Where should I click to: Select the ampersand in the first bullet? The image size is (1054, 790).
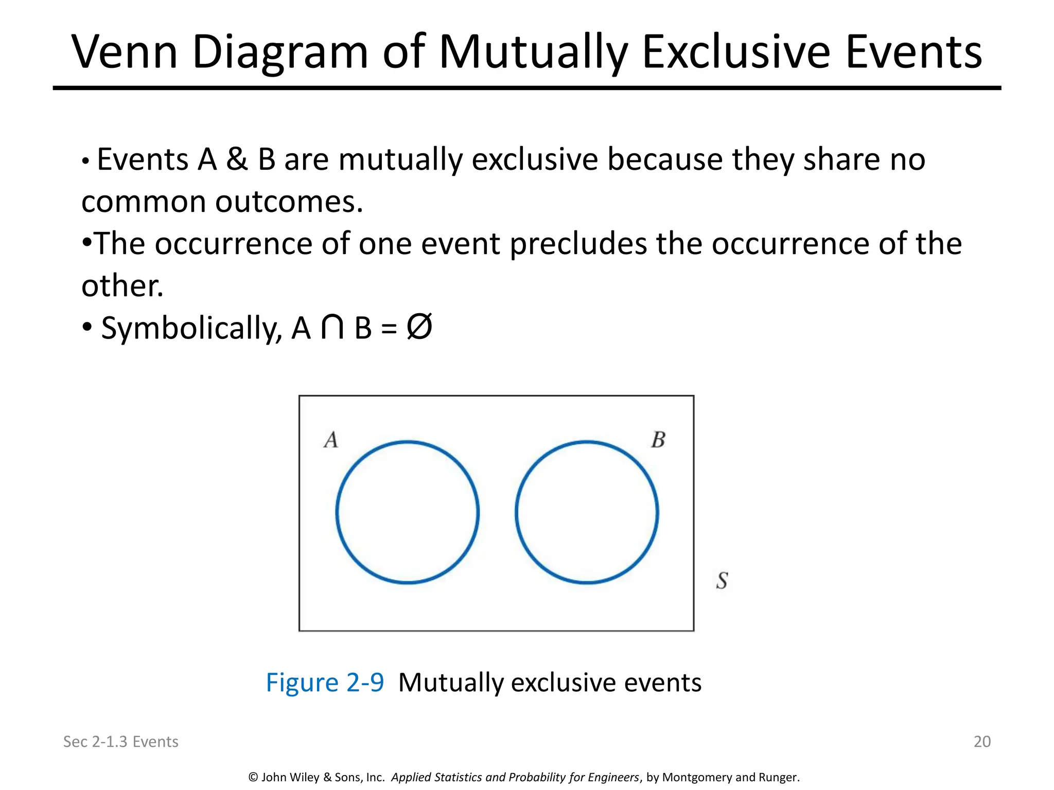237,159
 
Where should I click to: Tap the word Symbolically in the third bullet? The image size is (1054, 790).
191,328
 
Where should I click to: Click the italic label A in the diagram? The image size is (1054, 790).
331,440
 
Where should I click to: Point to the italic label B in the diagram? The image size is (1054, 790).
658,440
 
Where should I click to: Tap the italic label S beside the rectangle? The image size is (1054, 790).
722,581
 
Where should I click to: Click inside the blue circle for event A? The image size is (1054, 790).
408,512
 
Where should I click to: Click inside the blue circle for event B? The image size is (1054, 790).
587,512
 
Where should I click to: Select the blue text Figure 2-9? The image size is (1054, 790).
325,683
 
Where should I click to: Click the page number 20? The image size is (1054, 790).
982,741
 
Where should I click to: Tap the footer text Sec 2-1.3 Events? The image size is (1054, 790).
120,741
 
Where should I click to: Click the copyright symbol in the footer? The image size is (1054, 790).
253,777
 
